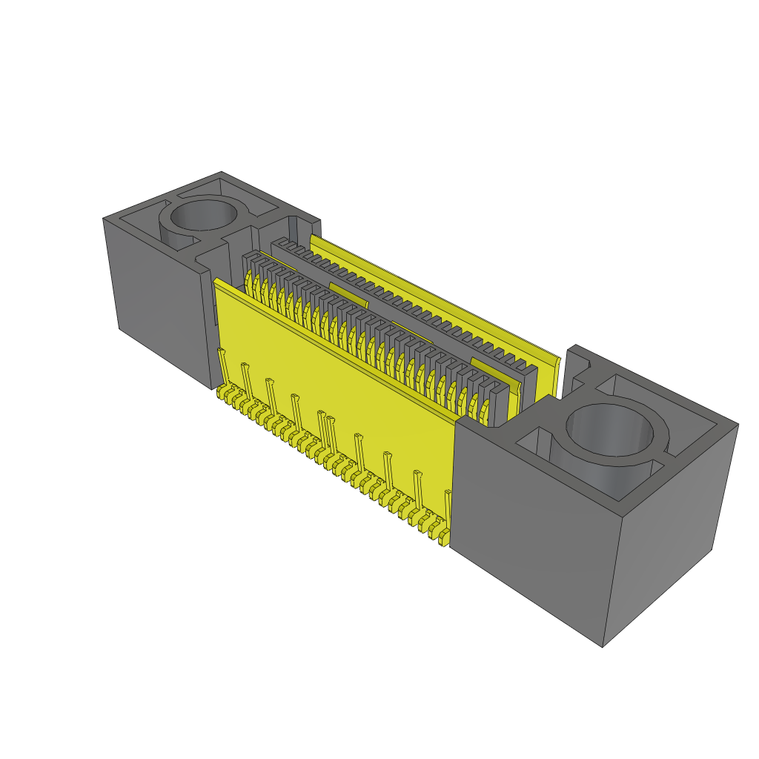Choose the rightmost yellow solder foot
(443, 541)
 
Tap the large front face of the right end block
(530, 534)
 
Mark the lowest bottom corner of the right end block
(603, 646)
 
